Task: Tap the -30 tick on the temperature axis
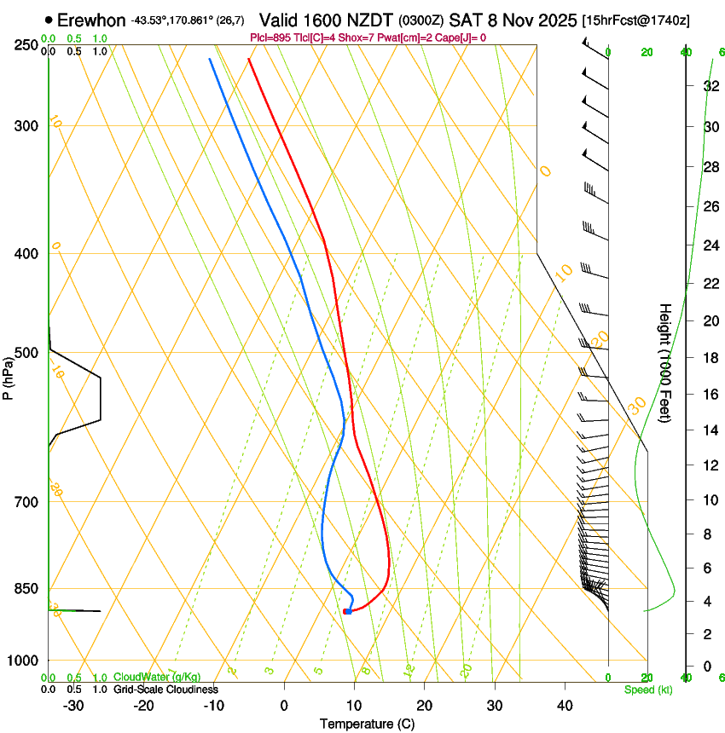(x=73, y=706)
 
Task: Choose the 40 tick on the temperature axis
(x=565, y=706)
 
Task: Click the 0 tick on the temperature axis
(x=284, y=706)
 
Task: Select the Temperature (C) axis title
(x=367, y=724)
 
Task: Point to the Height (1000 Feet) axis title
(x=666, y=362)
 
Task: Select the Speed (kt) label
(x=648, y=689)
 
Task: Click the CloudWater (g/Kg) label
(x=151, y=677)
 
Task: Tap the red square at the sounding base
(x=345, y=611)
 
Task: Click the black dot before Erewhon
(x=49, y=20)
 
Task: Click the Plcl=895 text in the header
(x=272, y=38)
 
